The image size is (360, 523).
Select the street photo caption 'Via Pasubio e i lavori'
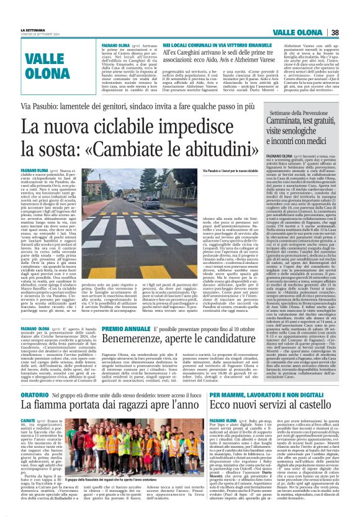tap(221, 170)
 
